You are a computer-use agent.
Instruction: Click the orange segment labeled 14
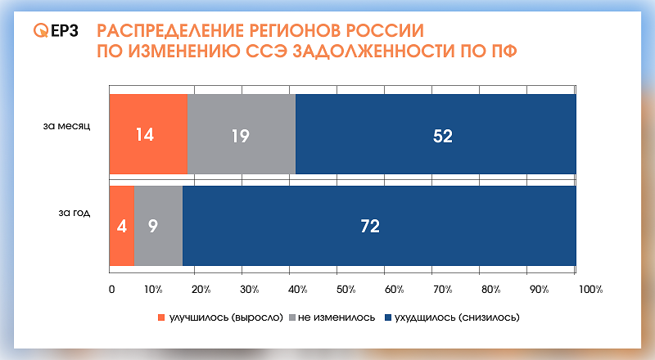148,134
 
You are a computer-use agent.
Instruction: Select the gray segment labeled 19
241,134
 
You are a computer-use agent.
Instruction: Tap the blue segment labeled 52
436,134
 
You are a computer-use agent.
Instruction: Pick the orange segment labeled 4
121,225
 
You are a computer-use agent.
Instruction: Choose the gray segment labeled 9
158,225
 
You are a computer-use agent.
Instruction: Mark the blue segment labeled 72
378,225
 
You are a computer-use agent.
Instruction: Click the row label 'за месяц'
72,127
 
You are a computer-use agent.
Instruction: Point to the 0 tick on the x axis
111,289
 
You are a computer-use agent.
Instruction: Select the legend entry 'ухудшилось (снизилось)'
456,316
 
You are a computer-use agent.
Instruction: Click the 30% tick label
249,289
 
